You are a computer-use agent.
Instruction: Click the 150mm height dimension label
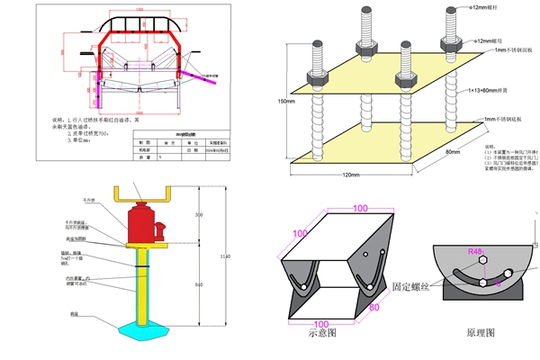(285, 101)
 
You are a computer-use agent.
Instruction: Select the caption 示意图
(320, 333)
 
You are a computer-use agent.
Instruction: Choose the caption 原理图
(480, 333)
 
